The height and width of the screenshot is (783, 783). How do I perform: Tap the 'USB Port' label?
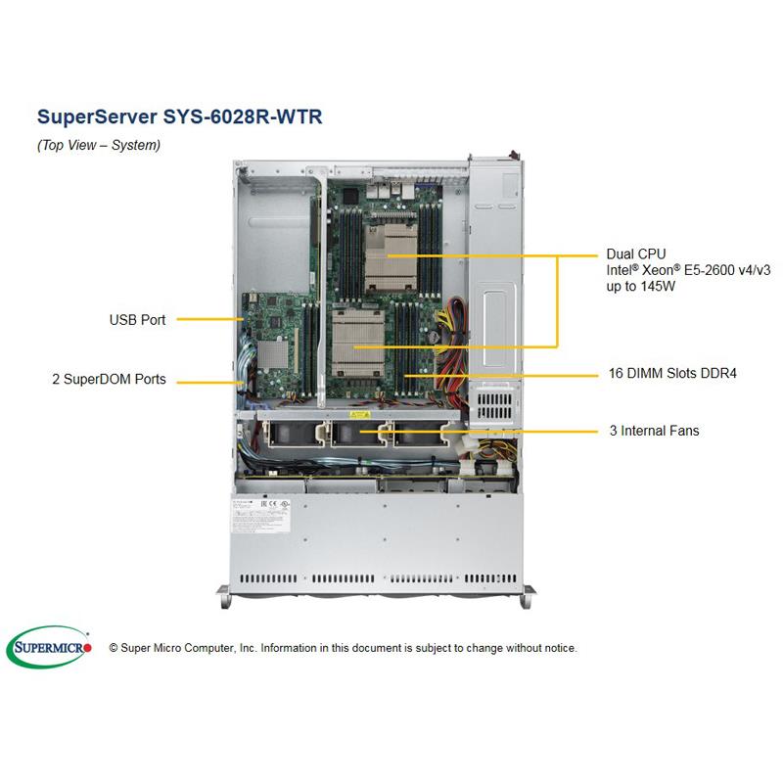[x=138, y=319]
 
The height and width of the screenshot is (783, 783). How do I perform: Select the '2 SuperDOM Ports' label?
[x=107, y=378]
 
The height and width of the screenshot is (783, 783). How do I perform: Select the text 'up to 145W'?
[x=641, y=288]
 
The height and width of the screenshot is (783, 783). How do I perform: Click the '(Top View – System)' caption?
[x=98, y=145]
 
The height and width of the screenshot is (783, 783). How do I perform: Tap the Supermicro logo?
[x=49, y=647]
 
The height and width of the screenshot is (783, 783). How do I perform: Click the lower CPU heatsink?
[x=356, y=344]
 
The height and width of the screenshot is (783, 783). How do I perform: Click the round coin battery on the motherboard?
[x=427, y=334]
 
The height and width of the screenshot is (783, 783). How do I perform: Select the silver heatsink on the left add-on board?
[x=281, y=351]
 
